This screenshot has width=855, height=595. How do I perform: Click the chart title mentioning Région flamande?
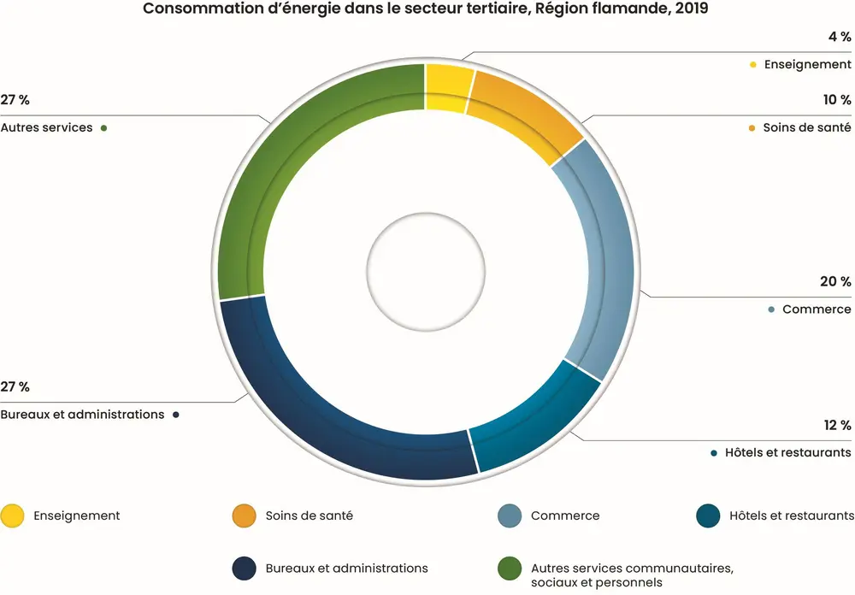[426, 9]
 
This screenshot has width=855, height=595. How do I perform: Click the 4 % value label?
[840, 37]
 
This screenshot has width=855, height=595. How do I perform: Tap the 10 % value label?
[837, 100]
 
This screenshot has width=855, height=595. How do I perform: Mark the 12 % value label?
[837, 425]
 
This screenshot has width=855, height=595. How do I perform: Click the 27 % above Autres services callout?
[15, 100]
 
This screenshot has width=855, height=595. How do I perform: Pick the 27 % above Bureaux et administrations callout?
[15, 387]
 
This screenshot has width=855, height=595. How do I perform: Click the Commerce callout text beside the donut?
[817, 309]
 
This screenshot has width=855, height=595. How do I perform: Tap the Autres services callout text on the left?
[47, 127]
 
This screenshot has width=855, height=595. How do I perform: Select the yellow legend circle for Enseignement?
[13, 515]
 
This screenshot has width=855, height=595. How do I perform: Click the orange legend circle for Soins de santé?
[244, 515]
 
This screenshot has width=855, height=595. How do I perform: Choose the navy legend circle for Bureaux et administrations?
[244, 568]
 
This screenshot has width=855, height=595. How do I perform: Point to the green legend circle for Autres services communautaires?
[510, 568]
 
